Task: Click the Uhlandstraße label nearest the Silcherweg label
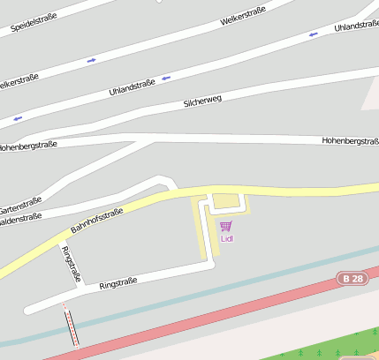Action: coord(132,86)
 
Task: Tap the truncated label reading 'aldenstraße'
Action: coord(20,222)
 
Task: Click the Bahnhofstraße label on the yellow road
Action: coord(95,223)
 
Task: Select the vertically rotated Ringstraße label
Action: coord(70,263)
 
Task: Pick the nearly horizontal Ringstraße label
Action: coord(117,283)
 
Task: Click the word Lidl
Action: coord(226,238)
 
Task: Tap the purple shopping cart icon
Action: coord(225,227)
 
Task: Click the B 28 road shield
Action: coord(352,279)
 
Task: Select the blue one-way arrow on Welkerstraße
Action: coord(91,60)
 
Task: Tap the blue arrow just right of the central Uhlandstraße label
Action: coord(165,79)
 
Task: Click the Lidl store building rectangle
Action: coord(226,202)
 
